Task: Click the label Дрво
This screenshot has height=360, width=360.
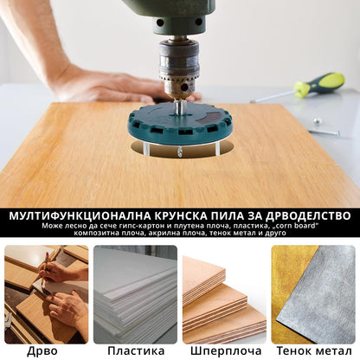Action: point(43,350)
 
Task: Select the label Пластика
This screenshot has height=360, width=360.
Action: point(136,350)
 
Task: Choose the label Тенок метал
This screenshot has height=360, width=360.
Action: point(314,350)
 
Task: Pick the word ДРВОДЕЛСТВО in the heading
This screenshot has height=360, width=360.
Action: point(304,215)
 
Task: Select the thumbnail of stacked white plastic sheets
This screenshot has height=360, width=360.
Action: point(135,294)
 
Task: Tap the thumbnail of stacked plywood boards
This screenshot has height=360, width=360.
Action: point(224,294)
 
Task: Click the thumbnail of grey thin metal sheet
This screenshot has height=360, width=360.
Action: point(314,294)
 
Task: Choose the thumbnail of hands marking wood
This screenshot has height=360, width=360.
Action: point(46,294)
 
